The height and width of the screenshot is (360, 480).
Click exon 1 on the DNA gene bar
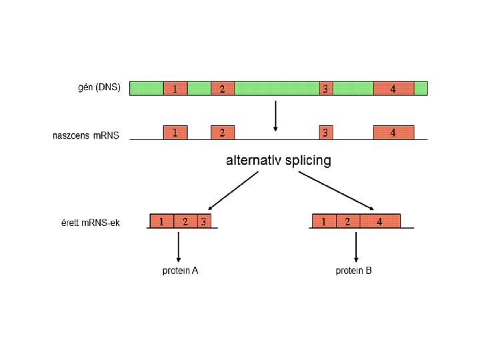(x=175, y=89)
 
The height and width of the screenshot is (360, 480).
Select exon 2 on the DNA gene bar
(x=223, y=89)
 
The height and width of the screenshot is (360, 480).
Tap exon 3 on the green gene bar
(x=325, y=89)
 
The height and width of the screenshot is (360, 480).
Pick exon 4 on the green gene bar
(x=393, y=89)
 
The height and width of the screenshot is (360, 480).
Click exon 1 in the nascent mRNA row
(x=175, y=133)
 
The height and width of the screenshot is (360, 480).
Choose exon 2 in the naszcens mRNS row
(x=223, y=133)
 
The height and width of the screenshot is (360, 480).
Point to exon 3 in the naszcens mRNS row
(x=325, y=133)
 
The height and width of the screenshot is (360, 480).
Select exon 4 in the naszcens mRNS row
(x=393, y=133)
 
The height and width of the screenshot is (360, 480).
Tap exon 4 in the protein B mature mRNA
(x=380, y=221)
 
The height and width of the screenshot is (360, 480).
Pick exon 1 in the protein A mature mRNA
(x=162, y=221)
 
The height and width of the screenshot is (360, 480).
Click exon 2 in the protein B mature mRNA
(x=347, y=221)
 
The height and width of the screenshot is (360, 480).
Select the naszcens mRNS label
(x=86, y=135)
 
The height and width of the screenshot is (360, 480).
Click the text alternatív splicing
(x=279, y=161)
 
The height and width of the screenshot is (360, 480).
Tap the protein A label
(x=180, y=271)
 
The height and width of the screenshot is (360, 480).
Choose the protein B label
(x=353, y=271)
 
